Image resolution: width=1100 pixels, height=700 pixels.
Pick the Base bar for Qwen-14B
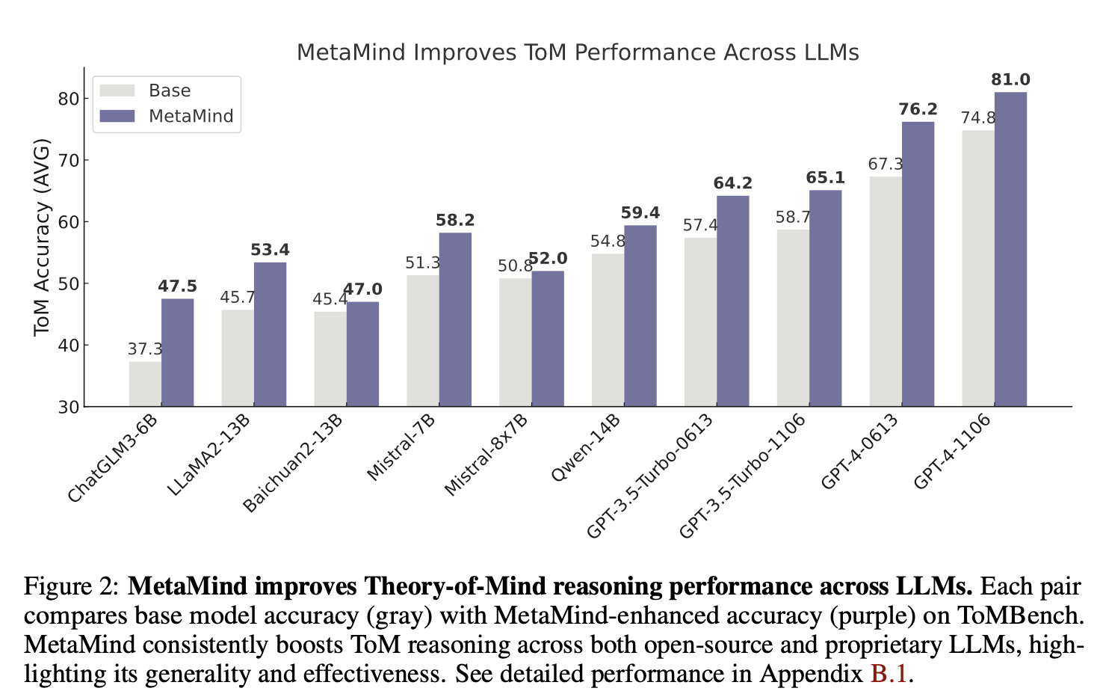tap(608, 330)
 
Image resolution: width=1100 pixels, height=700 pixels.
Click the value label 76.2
tap(918, 110)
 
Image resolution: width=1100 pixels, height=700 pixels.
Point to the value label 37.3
tap(145, 349)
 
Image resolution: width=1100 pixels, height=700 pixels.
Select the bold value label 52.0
tap(548, 259)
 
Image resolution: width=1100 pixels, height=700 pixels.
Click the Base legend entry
tap(169, 90)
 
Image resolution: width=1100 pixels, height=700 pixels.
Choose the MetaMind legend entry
tap(191, 116)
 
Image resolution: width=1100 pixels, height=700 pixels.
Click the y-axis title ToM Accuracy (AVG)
tap(42, 237)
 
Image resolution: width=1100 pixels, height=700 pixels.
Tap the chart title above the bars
tap(578, 52)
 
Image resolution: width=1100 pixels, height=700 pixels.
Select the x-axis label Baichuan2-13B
tap(293, 464)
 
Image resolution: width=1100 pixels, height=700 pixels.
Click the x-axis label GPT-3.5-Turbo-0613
tap(649, 476)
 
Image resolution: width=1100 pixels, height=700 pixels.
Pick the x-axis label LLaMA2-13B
tap(208, 455)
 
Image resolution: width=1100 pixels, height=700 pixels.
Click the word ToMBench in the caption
tap(1020, 615)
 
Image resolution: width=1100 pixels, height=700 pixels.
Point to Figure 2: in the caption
tap(71, 586)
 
